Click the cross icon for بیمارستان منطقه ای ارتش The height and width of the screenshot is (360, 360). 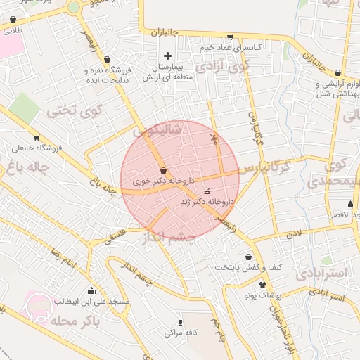167,56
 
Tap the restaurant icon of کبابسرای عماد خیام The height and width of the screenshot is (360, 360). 230,38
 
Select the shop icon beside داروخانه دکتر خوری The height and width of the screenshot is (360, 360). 163,170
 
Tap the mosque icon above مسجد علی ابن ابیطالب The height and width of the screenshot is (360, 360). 91,290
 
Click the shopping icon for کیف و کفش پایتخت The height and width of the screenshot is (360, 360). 249,257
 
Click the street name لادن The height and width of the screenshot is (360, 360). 294,231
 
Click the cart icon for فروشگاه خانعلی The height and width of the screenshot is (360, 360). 36,137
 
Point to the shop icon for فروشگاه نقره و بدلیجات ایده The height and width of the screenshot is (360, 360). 107,60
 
